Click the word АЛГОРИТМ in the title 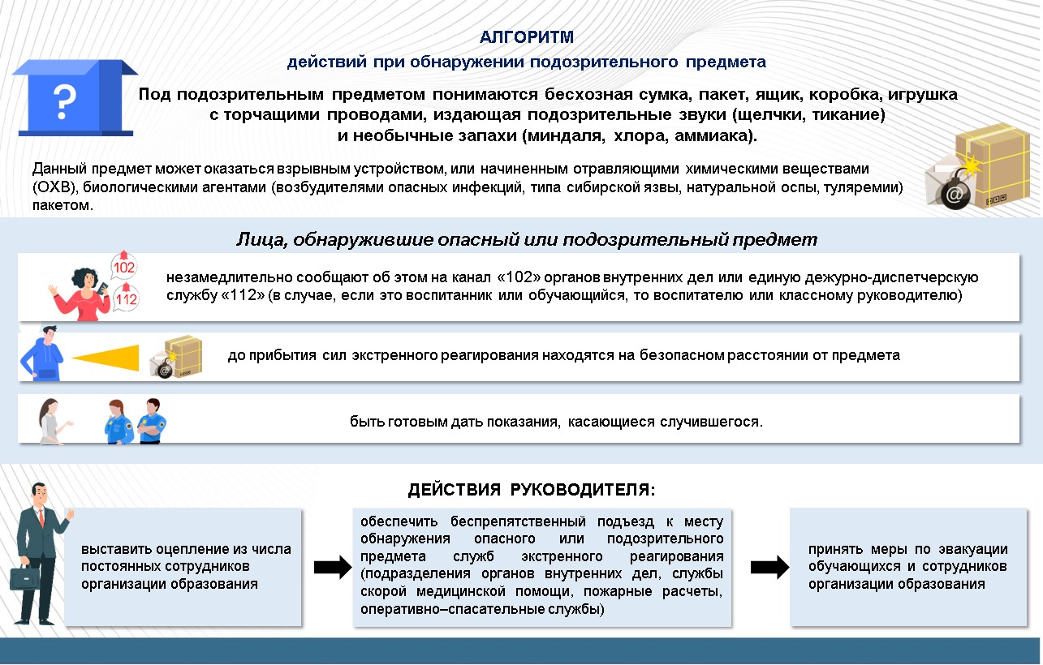(527, 37)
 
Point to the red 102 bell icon (125, 265)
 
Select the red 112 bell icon (127, 298)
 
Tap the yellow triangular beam (106, 357)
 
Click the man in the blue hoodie (42, 354)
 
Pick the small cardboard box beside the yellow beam (181, 356)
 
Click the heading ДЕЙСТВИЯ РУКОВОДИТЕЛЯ (531, 490)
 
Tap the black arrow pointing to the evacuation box (767, 567)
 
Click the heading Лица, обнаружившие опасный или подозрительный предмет (526, 240)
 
